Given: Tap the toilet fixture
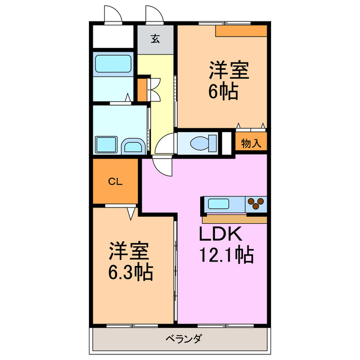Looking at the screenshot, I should click(x=200, y=143).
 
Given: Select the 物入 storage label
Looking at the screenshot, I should click(x=251, y=143).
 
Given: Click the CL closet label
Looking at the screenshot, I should click(x=115, y=181).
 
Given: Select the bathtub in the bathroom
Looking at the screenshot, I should click(x=112, y=64).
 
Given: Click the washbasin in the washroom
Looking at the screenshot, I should click(x=133, y=147).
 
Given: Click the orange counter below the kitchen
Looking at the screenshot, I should click(x=234, y=218).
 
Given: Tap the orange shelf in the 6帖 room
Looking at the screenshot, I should click(x=241, y=31).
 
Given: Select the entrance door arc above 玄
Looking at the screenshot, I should click(x=154, y=14).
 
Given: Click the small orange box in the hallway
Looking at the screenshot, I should click(x=142, y=87).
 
